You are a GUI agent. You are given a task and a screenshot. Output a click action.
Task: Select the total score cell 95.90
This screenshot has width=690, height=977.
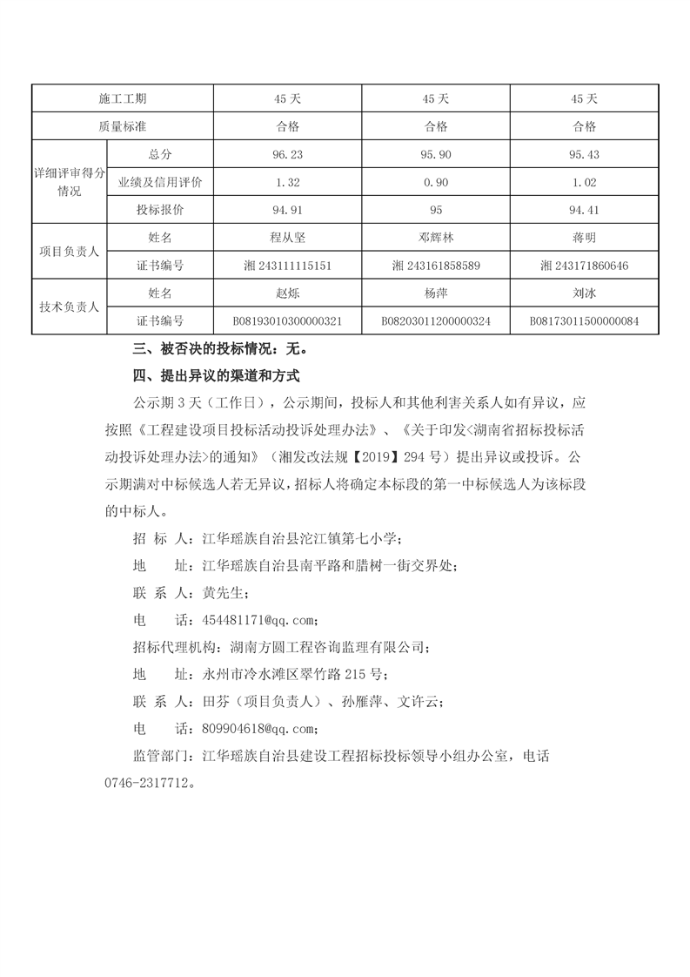pos(436,154)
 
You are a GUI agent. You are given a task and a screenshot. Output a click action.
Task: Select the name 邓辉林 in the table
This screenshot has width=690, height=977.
pos(436,237)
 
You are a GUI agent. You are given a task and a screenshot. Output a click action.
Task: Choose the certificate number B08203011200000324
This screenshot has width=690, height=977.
pos(436,320)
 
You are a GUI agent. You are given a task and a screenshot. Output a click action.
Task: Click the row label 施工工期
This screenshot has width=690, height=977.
pos(123,98)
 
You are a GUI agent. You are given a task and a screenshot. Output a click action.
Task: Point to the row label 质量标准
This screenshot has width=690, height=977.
pos(123,126)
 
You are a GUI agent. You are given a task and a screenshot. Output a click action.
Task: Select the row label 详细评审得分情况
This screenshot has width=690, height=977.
pos(69,182)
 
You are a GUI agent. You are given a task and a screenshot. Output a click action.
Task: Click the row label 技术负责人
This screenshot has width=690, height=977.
pos(69,307)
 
